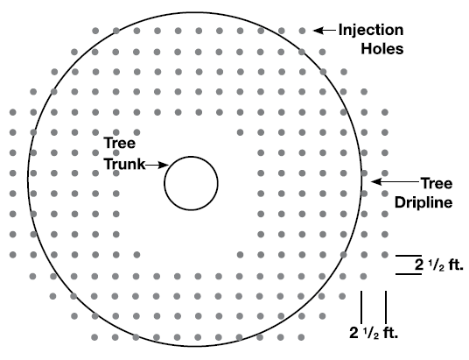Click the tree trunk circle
164,183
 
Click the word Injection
371,31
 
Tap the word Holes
382,48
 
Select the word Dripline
423,202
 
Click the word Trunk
125,164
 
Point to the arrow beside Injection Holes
325,31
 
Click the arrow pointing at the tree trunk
157,165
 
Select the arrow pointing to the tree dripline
395,181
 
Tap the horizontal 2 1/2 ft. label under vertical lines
374,333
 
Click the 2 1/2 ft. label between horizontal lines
438,265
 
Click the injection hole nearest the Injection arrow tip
302,31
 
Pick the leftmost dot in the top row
95,31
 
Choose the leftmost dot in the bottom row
94,337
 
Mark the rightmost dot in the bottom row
301,337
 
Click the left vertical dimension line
361,307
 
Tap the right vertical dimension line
386,307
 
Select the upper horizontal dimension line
409,256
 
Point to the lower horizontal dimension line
409,274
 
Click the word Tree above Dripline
437,183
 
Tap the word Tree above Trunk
120,143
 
